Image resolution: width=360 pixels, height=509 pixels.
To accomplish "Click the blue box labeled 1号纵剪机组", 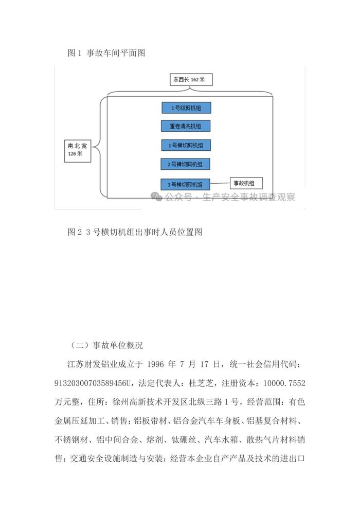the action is click(187, 108).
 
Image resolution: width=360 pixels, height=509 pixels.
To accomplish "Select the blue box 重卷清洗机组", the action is click(186, 126).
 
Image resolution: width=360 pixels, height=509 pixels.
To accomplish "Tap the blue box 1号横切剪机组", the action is click(186, 145).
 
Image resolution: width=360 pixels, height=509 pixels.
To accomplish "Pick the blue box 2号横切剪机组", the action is click(186, 164).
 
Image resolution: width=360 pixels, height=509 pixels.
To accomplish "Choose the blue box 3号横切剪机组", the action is click(186, 184).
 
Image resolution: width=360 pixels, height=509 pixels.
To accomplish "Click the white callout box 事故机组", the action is click(246, 183).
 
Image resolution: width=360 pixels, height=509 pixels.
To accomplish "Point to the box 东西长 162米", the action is click(191, 80).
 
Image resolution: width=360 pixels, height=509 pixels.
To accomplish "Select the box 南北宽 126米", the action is click(78, 150).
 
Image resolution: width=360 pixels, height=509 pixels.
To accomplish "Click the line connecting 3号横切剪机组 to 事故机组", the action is click(220, 183).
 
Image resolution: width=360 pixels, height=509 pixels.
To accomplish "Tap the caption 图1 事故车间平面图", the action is click(106, 52).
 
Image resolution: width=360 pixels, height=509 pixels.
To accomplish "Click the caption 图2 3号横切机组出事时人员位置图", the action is click(135, 232).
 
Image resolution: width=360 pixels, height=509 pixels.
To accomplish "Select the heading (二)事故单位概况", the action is click(106, 345).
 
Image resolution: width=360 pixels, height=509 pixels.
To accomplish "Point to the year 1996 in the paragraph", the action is click(156, 364).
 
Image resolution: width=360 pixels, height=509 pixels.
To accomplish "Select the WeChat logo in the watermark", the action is click(157, 197).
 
